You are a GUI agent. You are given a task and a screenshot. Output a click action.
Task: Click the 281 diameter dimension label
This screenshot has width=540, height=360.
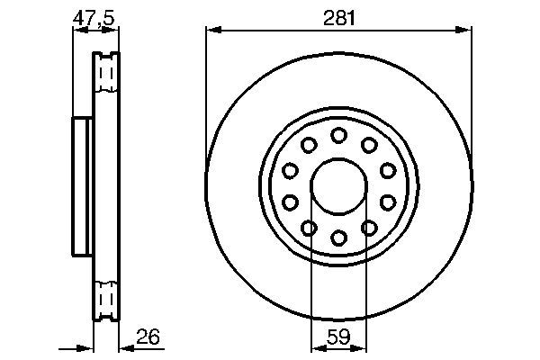339,15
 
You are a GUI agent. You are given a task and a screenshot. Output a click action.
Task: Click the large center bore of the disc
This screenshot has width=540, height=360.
339,186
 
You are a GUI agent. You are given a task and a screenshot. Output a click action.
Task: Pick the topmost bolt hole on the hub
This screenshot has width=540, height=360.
339,135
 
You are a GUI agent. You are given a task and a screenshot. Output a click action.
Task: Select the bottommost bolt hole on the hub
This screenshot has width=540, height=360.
339,238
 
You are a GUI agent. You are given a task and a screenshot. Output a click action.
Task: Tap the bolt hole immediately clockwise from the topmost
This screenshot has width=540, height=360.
369,145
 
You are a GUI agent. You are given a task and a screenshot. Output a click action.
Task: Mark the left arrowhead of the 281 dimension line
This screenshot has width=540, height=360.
212,31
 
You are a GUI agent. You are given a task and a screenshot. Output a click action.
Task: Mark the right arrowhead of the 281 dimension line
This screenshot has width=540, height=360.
465,31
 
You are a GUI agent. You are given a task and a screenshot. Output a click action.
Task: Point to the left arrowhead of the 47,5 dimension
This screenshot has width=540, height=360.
76,31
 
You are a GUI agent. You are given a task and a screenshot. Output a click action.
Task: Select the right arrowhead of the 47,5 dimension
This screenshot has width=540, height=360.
114,31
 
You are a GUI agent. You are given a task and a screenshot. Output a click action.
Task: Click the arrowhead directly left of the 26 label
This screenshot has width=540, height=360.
125,346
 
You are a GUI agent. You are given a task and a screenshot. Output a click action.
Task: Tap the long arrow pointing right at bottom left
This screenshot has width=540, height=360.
76,346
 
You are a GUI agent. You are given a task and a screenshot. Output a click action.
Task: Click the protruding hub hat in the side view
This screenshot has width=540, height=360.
82,184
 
